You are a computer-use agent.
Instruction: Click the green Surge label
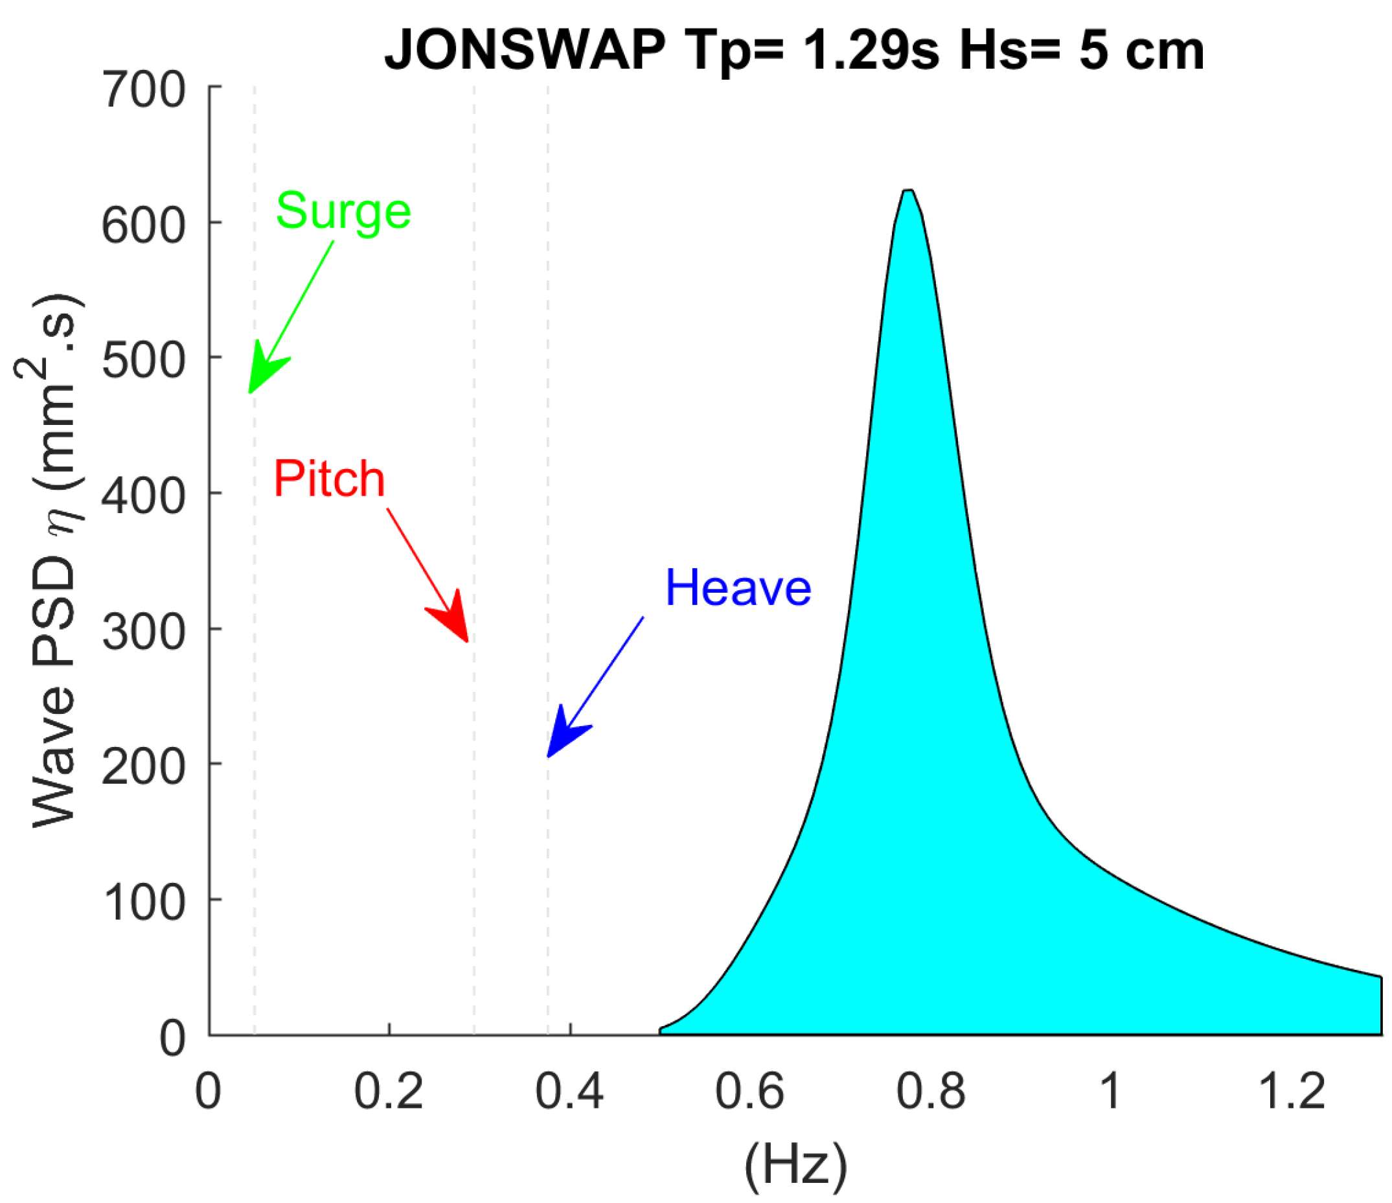pyautogui.click(x=343, y=211)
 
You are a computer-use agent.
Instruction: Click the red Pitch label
pyautogui.click(x=329, y=479)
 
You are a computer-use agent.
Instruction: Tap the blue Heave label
pyautogui.click(x=738, y=588)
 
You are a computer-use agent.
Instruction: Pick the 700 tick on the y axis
pyautogui.click(x=143, y=89)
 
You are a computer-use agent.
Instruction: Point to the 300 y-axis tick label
pyautogui.click(x=143, y=632)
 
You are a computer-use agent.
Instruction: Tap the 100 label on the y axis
pyautogui.click(x=143, y=902)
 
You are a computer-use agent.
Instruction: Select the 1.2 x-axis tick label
pyautogui.click(x=1291, y=1091)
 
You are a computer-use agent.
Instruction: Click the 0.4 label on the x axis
pyautogui.click(x=569, y=1091)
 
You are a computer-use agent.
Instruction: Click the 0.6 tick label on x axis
pyautogui.click(x=749, y=1091)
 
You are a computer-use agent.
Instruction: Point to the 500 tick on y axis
pyautogui.click(x=143, y=361)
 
